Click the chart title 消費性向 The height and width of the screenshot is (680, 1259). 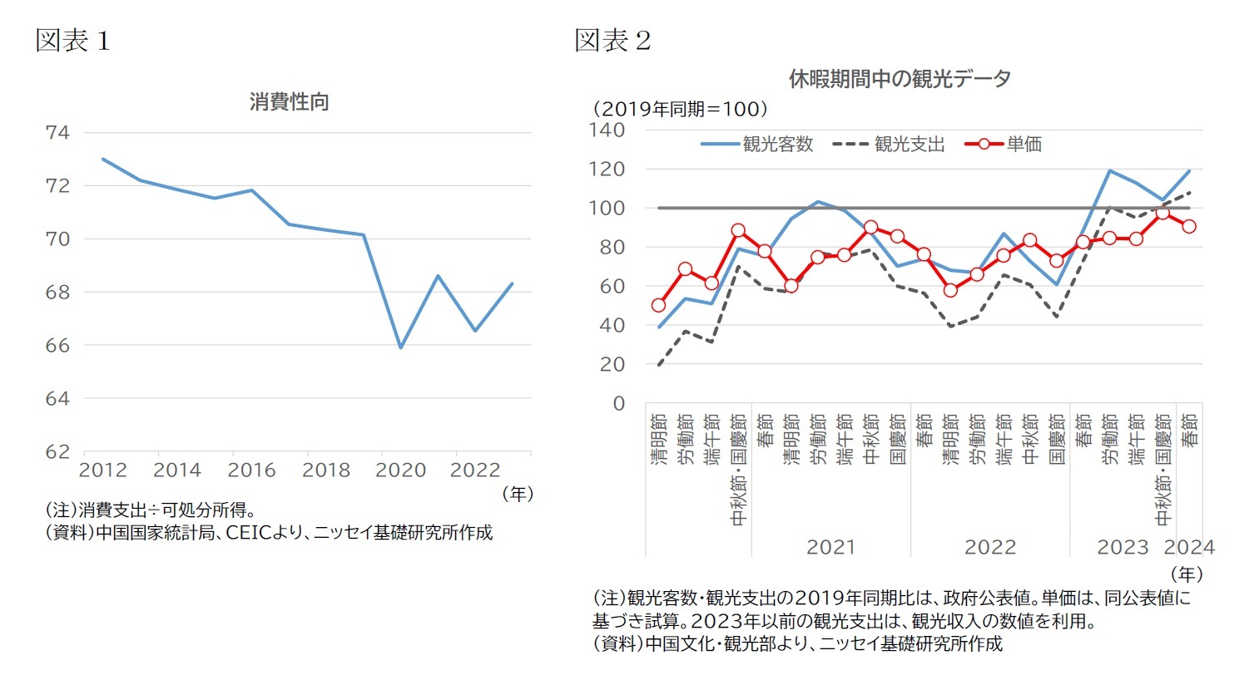(290, 102)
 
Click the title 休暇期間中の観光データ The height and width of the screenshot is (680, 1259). (900, 79)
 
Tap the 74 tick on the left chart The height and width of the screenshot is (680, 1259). (57, 132)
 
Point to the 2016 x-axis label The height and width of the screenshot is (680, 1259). (251, 471)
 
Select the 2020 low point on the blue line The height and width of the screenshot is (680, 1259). (400, 347)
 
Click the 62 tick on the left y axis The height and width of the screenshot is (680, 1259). (57, 451)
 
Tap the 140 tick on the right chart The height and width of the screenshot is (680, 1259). (607, 130)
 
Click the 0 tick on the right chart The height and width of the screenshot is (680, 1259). (618, 403)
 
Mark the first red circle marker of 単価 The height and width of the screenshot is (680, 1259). (658, 305)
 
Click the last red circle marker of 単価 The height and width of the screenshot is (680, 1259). (1189, 226)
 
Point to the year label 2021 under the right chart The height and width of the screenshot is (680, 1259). (830, 547)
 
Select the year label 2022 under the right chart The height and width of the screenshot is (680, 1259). (989, 547)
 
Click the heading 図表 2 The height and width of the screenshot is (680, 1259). (612, 41)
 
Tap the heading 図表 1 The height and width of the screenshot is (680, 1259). (72, 41)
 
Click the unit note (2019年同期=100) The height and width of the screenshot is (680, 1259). (680, 109)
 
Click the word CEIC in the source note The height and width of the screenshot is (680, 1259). (249, 533)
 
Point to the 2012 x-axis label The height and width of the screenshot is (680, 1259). (102, 471)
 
